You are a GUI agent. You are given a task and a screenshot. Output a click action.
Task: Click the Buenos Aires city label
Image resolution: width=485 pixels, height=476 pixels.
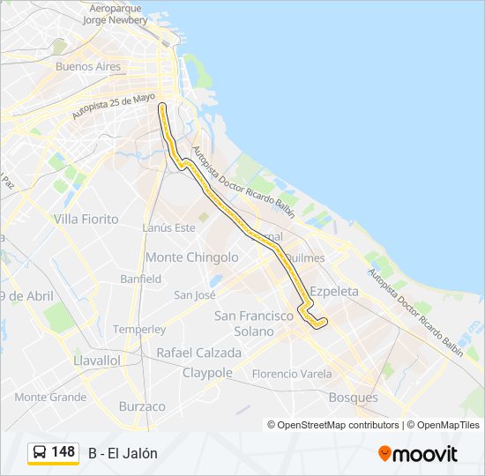coord(87,66)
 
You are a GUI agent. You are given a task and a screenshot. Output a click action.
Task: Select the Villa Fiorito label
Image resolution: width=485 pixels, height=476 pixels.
coord(86,218)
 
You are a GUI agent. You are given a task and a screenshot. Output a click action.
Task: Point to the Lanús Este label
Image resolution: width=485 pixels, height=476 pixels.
coord(168,227)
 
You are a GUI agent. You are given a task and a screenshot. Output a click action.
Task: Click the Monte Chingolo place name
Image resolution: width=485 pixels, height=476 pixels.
coord(191,257)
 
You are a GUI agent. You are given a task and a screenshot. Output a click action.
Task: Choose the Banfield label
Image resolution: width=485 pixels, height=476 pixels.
coord(140,279)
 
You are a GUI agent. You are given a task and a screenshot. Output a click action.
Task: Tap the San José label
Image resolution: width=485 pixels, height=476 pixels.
coord(195,295)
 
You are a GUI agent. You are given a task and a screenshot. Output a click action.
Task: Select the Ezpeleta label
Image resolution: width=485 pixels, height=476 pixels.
coord(334,291)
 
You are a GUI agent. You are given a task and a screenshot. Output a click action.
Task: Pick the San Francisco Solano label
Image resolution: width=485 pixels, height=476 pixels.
coord(254,323)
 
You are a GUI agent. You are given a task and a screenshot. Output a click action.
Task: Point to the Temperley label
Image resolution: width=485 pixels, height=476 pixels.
coord(138,329)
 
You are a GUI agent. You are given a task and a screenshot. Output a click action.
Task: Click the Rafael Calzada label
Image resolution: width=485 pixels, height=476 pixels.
coord(198,353)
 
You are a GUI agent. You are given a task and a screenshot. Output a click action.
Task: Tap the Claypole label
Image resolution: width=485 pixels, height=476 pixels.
coord(207,373)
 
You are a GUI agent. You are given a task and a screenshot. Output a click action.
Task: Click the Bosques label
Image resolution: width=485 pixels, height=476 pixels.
coord(353,398)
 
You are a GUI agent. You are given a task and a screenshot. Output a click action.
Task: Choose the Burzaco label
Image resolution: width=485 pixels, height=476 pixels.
coord(142,406)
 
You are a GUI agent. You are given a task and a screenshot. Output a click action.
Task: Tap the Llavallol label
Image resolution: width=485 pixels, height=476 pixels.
coord(97,361)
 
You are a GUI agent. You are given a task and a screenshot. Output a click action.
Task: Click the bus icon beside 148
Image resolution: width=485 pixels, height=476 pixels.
coord(40,452)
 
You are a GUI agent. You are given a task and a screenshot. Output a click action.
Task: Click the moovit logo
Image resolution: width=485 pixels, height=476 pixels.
coord(418,454)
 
